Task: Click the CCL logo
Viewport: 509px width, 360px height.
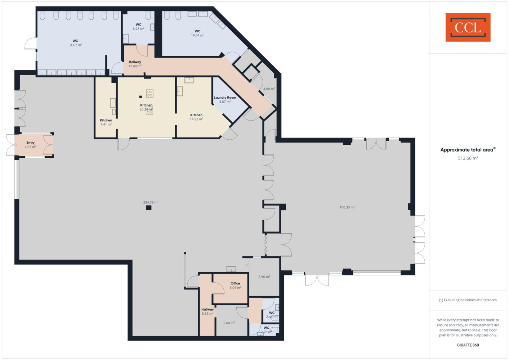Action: tap(468, 27)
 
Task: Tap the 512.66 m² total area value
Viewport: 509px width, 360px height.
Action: tap(468, 158)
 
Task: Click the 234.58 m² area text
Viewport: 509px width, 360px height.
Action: tap(151, 202)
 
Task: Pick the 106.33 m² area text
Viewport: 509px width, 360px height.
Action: tap(347, 207)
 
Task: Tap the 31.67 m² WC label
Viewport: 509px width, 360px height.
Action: tap(75, 43)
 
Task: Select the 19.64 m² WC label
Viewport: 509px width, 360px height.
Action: tap(197, 33)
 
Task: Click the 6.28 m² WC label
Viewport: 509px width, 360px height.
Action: tap(138, 27)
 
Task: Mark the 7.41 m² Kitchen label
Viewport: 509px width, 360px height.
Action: tap(106, 122)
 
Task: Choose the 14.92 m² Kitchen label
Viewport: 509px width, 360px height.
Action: tap(196, 117)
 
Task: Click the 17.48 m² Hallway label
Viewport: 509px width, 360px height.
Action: tap(135, 64)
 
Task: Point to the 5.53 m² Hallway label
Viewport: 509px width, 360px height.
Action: tap(207, 311)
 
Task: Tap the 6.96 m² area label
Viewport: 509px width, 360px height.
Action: tap(264, 276)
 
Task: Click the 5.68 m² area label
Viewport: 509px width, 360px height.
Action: tap(229, 323)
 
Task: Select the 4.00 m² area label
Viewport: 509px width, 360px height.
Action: tap(269, 89)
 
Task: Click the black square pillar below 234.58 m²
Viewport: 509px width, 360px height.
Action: tap(149, 208)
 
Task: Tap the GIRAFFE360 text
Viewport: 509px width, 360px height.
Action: tap(468, 345)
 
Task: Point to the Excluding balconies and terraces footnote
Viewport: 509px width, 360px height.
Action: tap(468, 300)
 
